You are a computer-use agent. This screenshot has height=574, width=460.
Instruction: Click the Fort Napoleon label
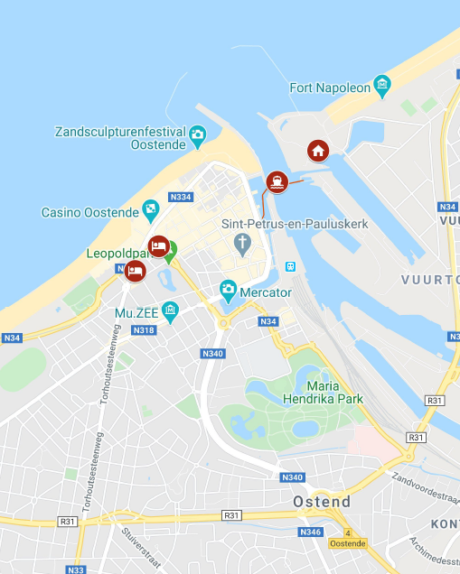pyautogui.click(x=330, y=88)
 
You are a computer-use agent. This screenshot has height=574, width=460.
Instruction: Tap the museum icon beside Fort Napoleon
pyautogui.click(x=382, y=87)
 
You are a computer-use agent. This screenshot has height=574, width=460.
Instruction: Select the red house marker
pyautogui.click(x=318, y=150)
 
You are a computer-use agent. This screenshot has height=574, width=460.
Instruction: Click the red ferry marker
pyautogui.click(x=277, y=181)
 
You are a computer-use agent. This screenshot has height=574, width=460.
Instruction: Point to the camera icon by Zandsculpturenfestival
pyautogui.click(x=197, y=137)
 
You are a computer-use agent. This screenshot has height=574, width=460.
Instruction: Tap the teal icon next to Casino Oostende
pyautogui.click(x=151, y=211)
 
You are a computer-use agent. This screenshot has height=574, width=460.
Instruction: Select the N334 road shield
pyautogui.click(x=181, y=197)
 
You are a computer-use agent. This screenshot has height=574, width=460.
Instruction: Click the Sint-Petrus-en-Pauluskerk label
pyautogui.click(x=295, y=223)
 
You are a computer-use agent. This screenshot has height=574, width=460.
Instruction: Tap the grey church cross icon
pyautogui.click(x=241, y=243)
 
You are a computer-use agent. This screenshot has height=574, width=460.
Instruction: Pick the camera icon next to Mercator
pyautogui.click(x=229, y=291)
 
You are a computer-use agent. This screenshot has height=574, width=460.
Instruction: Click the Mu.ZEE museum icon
pyautogui.click(x=170, y=312)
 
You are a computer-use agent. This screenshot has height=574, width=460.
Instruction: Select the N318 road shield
pyautogui.click(x=144, y=330)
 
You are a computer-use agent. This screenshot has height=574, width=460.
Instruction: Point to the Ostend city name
pyautogui.click(x=322, y=501)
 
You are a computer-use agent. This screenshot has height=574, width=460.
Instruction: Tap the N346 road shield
pyautogui.click(x=310, y=532)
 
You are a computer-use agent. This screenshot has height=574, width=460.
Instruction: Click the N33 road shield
pyautogui.click(x=77, y=569)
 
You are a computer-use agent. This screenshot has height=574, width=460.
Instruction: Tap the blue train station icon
pyautogui.click(x=290, y=266)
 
